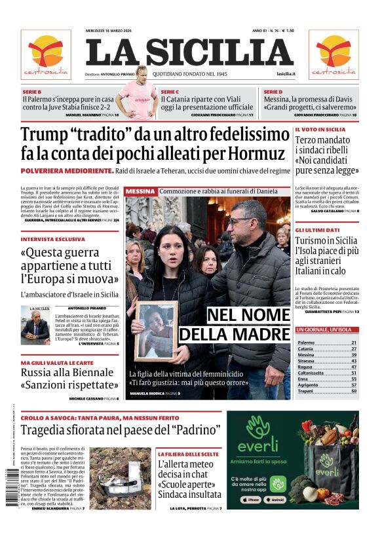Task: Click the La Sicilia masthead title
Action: [x=189, y=52]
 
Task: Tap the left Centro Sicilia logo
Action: [x=46, y=54]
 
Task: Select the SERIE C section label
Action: [x=170, y=92]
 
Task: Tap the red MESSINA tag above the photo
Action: [x=140, y=191]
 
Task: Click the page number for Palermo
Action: [x=354, y=343]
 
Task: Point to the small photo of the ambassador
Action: [x=35, y=324]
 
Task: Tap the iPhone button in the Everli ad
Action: [x=252, y=499]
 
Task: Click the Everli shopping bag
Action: [x=331, y=472]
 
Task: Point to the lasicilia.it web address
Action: [x=286, y=74]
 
